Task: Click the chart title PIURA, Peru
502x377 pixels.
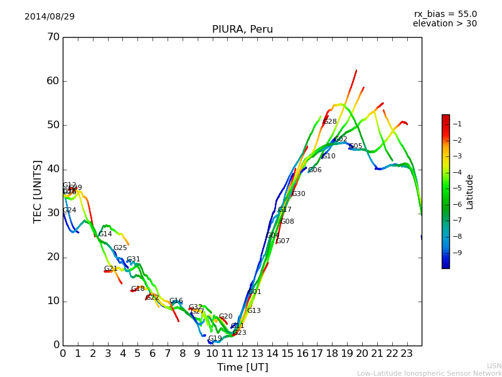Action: (x=242, y=30)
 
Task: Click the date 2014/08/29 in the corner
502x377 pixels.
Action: (x=50, y=16)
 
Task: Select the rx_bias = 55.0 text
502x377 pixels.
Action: (x=445, y=14)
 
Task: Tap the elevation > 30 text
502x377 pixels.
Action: (x=445, y=24)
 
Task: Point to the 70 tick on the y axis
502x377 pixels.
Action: (x=53, y=37)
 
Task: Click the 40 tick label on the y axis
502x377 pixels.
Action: (x=53, y=169)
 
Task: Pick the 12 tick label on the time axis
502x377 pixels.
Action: (x=242, y=354)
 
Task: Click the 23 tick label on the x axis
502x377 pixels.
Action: (x=407, y=354)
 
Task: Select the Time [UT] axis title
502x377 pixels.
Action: (x=242, y=367)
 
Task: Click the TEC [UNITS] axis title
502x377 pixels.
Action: (x=38, y=191)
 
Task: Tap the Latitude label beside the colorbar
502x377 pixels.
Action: (x=470, y=191)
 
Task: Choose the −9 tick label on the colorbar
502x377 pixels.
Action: (x=457, y=253)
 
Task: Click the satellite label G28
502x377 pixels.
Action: (x=330, y=122)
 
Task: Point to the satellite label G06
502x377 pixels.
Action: (x=314, y=170)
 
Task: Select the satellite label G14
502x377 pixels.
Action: (x=105, y=234)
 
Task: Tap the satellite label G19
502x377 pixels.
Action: (x=215, y=339)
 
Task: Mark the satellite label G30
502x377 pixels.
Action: (x=298, y=194)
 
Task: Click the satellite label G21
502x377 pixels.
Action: (x=111, y=269)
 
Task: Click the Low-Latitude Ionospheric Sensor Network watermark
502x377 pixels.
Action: (x=429, y=373)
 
